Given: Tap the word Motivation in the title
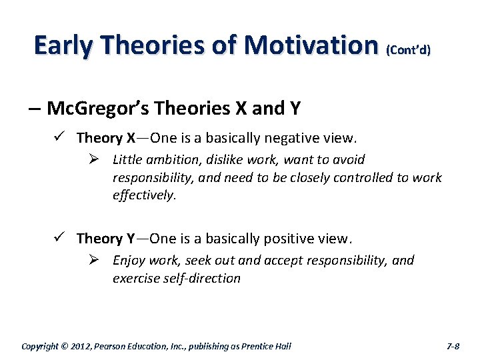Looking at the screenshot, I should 311,45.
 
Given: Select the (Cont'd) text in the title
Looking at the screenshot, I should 408,49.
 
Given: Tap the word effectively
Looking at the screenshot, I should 144,196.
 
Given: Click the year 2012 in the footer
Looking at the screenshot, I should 85,346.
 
